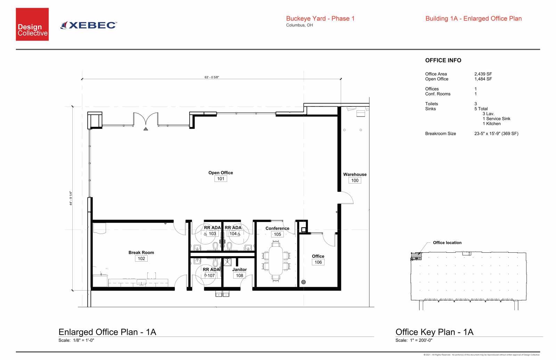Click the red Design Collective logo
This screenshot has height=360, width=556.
point(32,24)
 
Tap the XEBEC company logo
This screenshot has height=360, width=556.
point(89,25)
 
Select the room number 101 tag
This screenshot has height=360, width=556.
point(221,179)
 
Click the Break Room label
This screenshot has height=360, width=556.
point(141,253)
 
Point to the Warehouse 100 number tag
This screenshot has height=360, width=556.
point(355,180)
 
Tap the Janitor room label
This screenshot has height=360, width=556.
point(239,270)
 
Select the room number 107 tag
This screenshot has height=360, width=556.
point(211,276)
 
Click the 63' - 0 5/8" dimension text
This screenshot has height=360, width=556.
point(212,77)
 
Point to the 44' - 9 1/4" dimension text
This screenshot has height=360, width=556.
point(71,198)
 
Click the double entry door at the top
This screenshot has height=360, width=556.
point(146,118)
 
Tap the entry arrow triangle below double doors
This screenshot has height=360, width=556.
point(146,129)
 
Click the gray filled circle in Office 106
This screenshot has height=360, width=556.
point(303,282)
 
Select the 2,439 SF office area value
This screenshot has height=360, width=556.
point(483,74)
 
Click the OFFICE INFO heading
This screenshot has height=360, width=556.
point(443,60)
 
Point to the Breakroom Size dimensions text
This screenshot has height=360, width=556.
point(496,133)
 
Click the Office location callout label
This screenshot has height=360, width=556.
point(447,243)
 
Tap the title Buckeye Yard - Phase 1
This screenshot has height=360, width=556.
point(320,19)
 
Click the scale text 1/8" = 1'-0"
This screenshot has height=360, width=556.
point(83,340)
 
